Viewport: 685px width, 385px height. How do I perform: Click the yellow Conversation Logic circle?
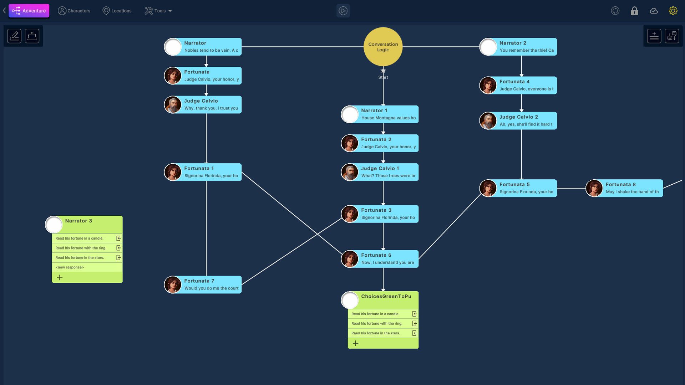(383, 47)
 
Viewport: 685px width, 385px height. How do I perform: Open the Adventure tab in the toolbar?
(29, 11)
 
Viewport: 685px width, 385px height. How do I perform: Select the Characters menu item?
(74, 11)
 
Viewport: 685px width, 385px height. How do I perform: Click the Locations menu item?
(117, 11)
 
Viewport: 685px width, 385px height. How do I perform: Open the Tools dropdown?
(158, 11)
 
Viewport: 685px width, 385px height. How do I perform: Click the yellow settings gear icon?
(673, 11)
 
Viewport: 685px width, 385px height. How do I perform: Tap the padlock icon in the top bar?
(634, 11)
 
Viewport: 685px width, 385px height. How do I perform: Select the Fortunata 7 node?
(210, 284)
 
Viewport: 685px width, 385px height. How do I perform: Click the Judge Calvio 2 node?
(526, 120)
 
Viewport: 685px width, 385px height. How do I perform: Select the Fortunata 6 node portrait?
(350, 259)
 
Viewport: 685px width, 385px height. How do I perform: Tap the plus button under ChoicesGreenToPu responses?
(356, 343)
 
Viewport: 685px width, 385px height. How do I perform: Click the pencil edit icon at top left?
(14, 36)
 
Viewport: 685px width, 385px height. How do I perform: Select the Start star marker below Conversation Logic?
(383, 71)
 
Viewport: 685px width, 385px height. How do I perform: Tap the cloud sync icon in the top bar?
(654, 11)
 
